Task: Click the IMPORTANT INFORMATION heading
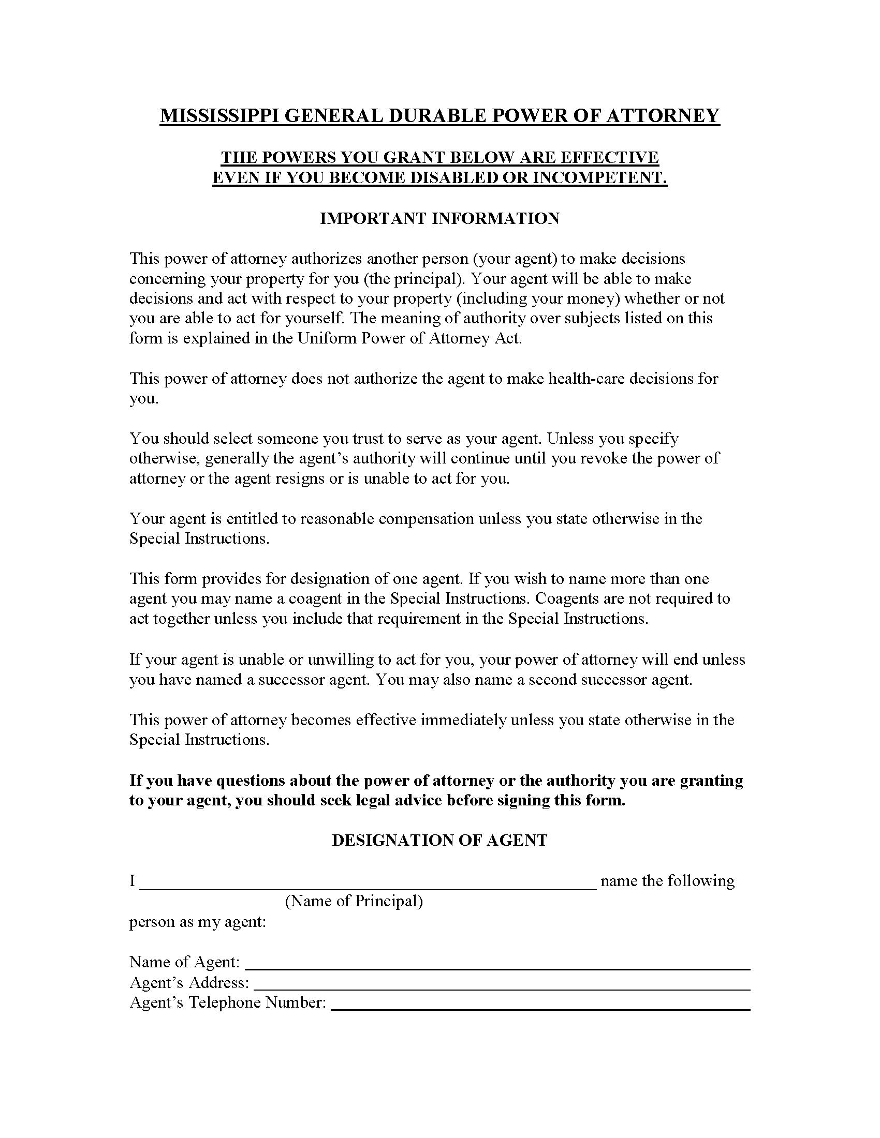(439, 218)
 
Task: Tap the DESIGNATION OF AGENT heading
(439, 841)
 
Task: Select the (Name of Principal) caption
(354, 902)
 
